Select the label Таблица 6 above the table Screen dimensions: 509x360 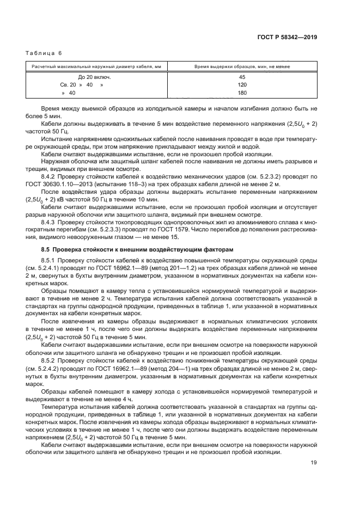(x=44, y=53)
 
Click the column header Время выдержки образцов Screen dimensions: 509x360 (x=242, y=66)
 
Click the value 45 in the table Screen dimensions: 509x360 (x=242, y=77)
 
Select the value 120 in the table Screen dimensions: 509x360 (x=242, y=85)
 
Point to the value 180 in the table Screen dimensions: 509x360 (x=242, y=93)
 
